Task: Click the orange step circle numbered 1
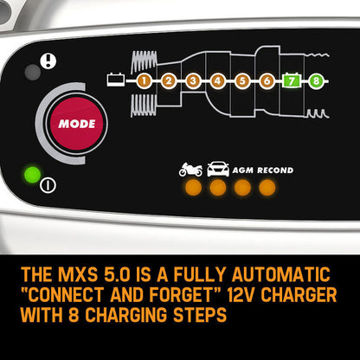(143, 81)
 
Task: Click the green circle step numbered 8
(318, 81)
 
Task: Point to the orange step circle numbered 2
(168, 81)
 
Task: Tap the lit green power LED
(31, 175)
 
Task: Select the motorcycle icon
(190, 170)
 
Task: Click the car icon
(217, 170)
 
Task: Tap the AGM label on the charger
(244, 170)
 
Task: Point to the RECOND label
(275, 170)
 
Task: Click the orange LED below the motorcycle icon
(191, 187)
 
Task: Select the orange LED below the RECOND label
(267, 187)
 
